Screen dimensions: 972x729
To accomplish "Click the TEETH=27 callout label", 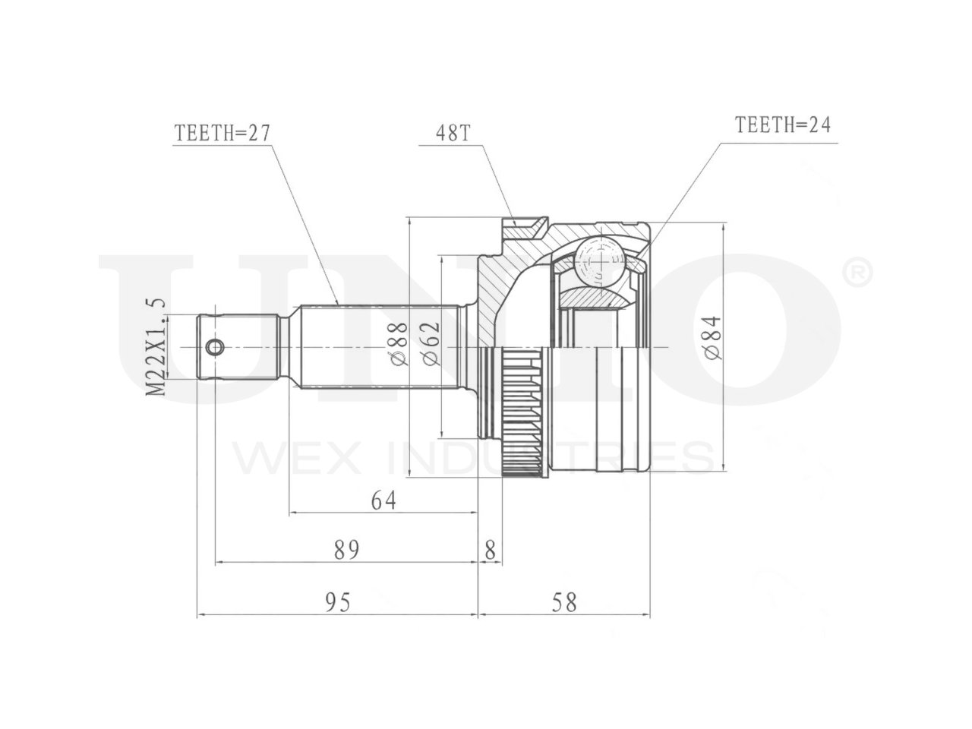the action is pos(222,132).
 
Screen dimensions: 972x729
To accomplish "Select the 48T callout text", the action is pos(452,132).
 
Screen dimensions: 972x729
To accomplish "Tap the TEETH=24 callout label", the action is pos(782,125).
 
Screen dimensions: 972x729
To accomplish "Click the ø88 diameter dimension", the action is pos(399,343).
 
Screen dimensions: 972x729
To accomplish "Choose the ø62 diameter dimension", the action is pos(431,343).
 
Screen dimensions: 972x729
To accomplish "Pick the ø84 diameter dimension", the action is pos(712,338).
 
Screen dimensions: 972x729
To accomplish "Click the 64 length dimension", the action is pos(383,500).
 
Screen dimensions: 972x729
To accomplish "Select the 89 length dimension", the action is pos(346,551).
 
